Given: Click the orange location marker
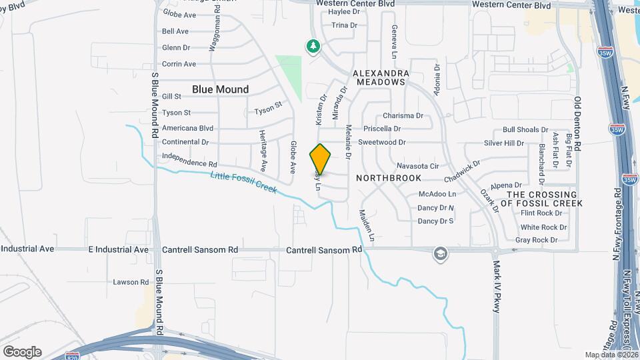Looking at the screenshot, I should coord(320,159).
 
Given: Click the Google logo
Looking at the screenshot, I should coord(22,351).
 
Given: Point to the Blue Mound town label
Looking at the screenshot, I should coord(220,89).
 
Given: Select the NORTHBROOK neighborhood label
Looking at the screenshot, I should coord(389,178).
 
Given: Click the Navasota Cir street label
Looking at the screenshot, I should coord(417,165).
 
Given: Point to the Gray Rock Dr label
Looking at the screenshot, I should coord(536,240).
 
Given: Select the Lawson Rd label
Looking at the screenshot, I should coord(131,282).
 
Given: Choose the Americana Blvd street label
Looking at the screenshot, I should coord(187,128).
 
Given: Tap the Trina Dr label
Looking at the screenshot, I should coord(345,25).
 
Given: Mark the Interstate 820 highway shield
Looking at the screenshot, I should coord(73,356).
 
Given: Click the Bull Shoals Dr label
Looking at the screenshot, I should coord(525,130).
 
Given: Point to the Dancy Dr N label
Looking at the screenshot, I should coord(435,208).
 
